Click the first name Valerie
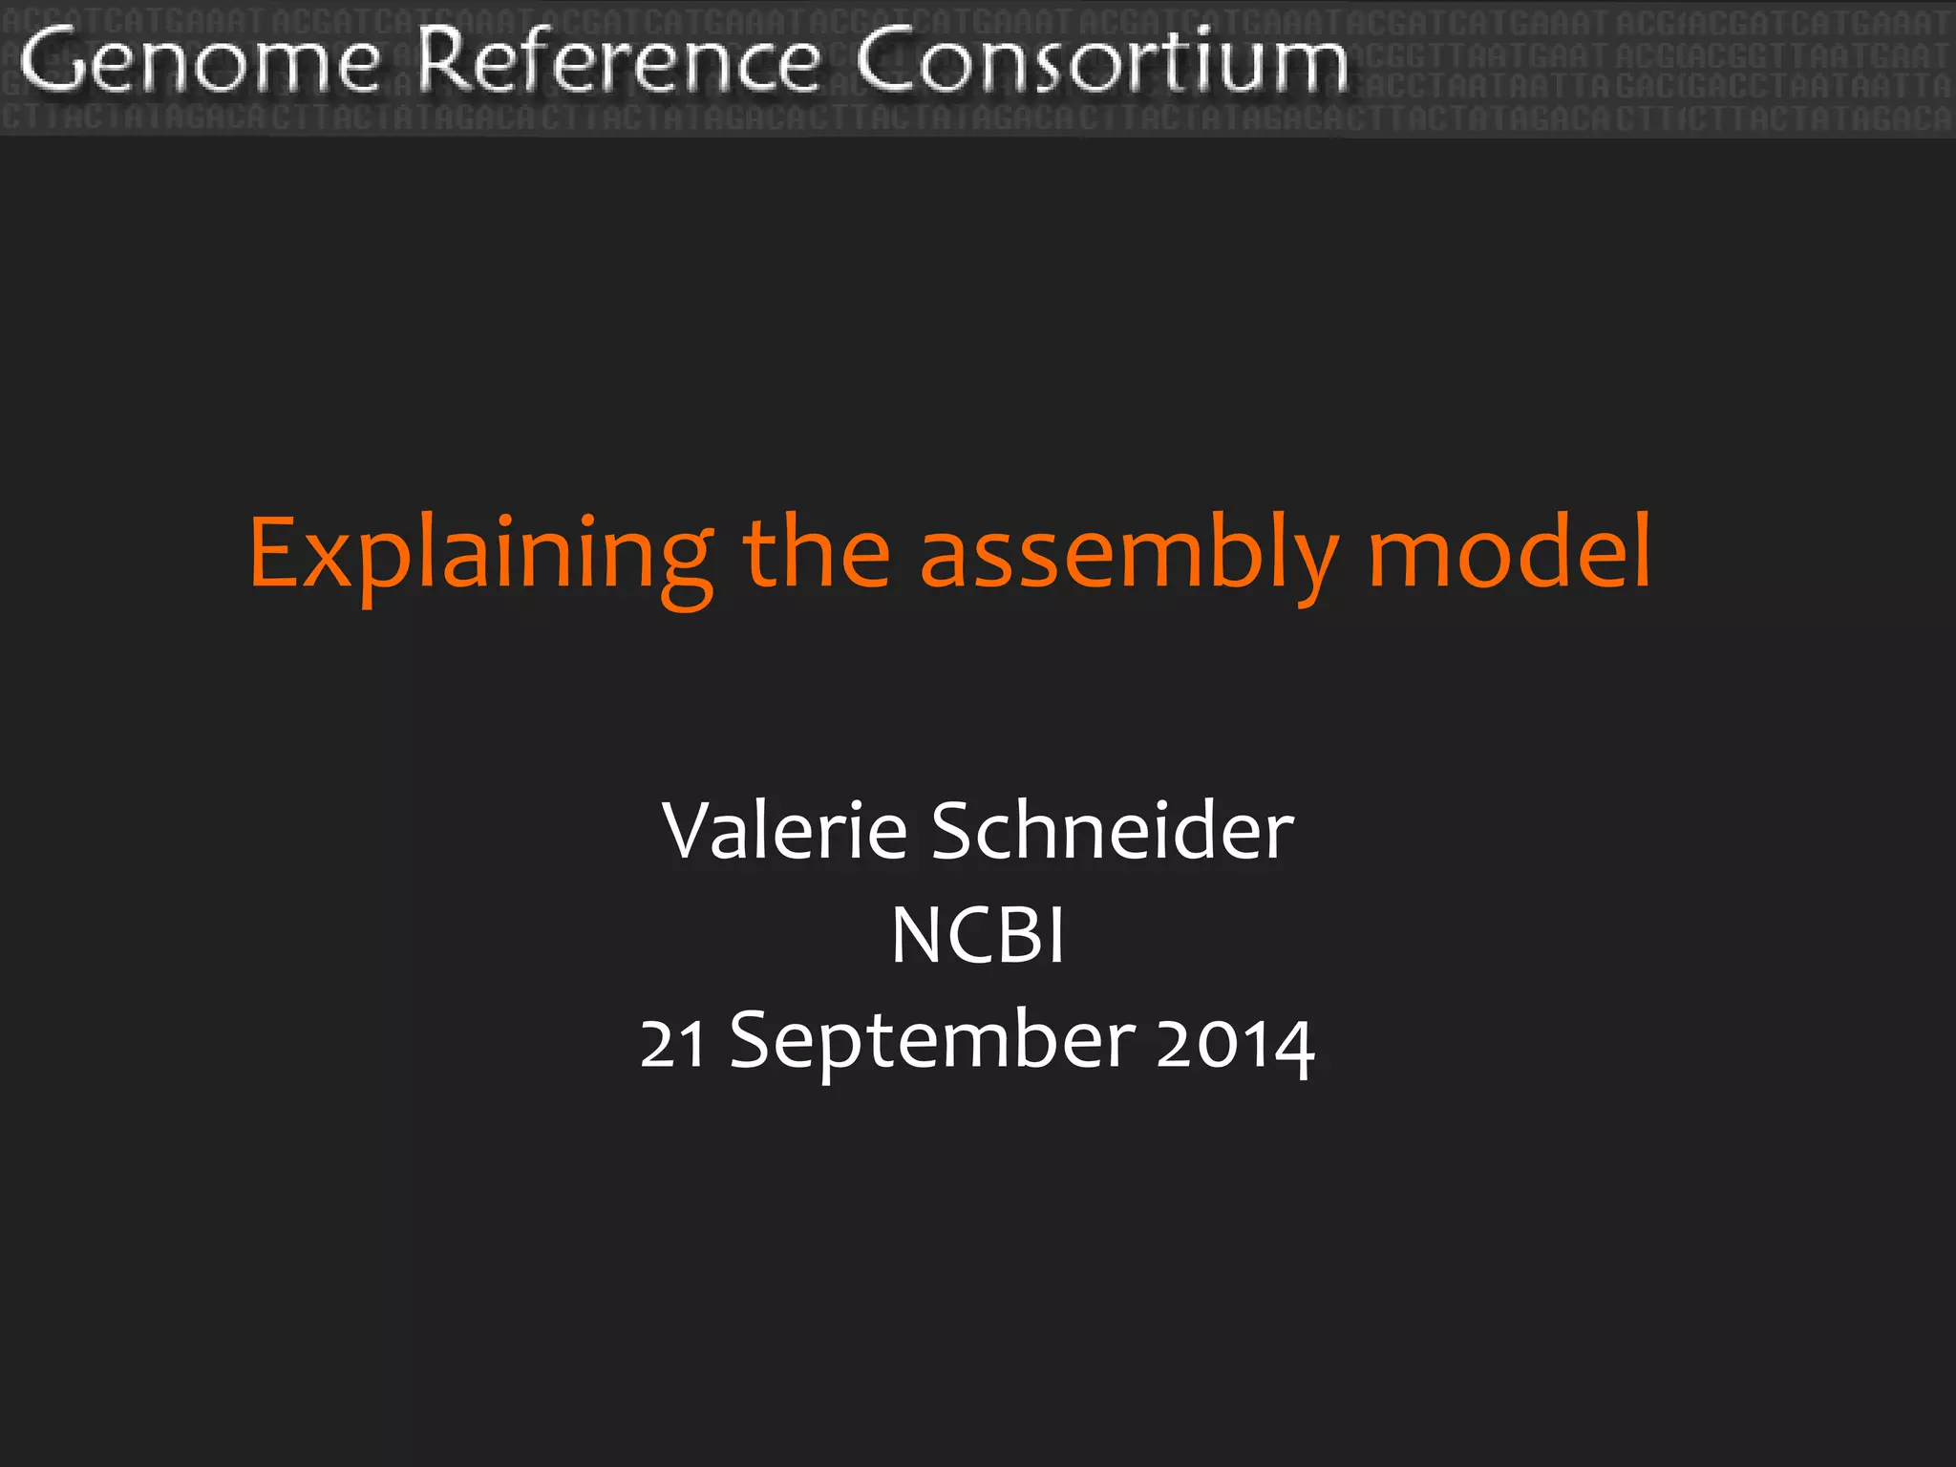point(784,830)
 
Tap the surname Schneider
point(1112,830)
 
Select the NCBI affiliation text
point(978,935)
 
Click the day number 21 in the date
point(673,1043)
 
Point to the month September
point(932,1043)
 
